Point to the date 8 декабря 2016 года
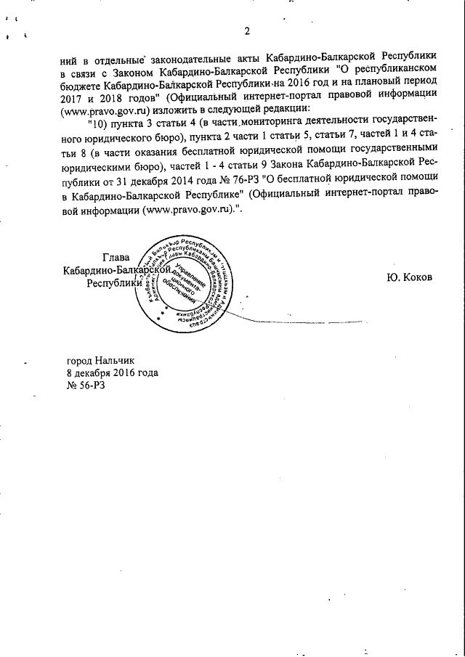point(112,373)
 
